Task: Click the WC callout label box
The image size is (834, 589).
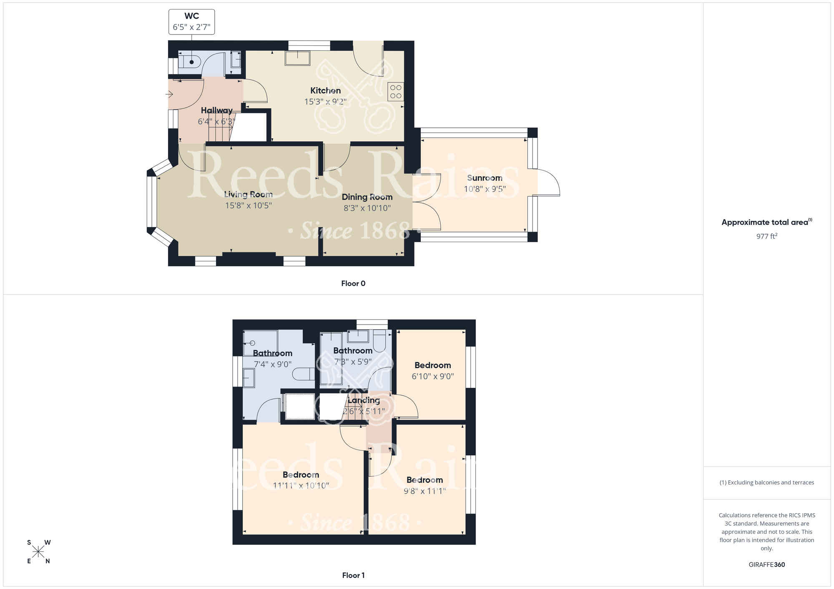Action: tap(191, 22)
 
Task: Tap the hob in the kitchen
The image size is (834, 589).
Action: tap(396, 92)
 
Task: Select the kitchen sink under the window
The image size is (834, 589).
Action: tap(297, 58)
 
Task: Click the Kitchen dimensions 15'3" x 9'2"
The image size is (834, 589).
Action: tap(325, 102)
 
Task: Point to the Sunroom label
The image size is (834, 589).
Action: tap(485, 178)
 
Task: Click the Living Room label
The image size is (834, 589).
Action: tap(249, 194)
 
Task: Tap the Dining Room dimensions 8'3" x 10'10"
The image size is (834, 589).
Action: tap(367, 208)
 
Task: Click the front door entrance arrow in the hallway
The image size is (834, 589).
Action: tap(169, 95)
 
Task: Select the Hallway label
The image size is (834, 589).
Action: tap(217, 110)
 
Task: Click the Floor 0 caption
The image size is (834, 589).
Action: tap(353, 283)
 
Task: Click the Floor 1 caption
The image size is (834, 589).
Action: tap(353, 575)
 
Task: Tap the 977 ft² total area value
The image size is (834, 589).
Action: tap(766, 236)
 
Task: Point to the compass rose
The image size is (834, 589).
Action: tap(38, 552)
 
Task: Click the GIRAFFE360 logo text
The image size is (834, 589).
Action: tap(766, 565)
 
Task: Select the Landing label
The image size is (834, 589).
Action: tap(364, 400)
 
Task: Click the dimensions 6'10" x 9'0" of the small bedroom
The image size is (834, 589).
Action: tap(432, 376)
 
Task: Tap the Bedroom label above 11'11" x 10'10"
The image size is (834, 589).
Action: tap(301, 475)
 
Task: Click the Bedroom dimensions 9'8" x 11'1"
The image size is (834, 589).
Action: tap(425, 491)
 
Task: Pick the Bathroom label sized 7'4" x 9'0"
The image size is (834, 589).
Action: tap(272, 353)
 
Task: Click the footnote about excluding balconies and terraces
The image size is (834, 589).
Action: tap(766, 482)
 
